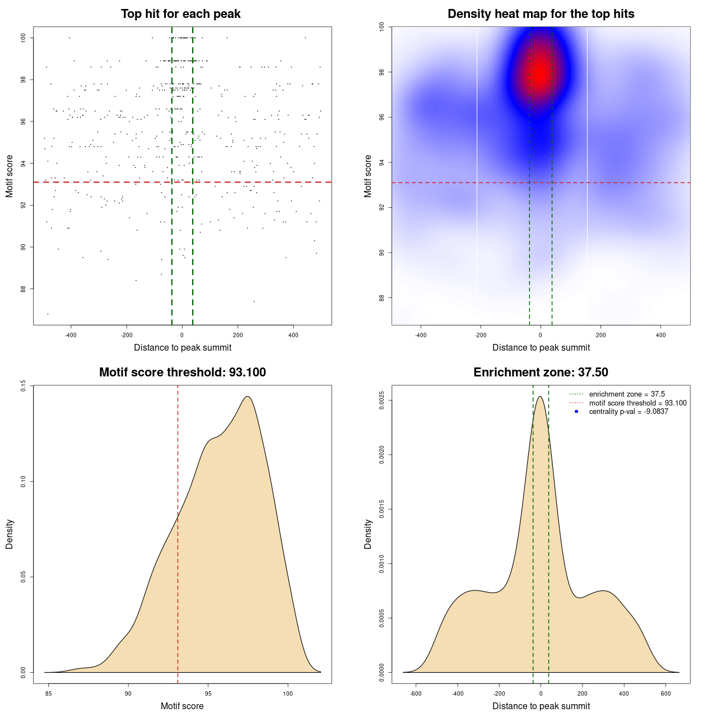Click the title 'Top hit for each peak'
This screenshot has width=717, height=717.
tap(180, 14)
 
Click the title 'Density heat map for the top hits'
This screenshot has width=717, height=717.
tap(541, 14)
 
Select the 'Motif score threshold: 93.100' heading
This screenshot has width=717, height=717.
tap(182, 373)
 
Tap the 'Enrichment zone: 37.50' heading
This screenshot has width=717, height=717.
tap(541, 373)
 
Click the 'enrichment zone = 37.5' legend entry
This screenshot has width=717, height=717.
tap(627, 394)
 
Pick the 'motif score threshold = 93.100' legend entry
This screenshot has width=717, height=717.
tap(637, 403)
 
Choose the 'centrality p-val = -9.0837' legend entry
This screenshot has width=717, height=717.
tap(628, 412)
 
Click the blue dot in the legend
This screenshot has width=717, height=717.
tap(576, 412)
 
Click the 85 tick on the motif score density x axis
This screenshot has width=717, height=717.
tap(49, 694)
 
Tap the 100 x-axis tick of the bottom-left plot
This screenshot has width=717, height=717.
tap(288, 694)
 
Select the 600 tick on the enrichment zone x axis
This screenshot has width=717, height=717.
tap(665, 694)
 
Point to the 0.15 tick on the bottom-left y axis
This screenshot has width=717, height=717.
tap(23, 386)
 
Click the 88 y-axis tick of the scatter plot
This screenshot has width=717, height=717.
tap(23, 289)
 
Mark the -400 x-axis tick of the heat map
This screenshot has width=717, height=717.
tap(421, 336)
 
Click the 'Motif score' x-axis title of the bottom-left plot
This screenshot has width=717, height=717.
tap(182, 706)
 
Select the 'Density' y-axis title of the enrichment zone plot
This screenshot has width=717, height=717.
tap(368, 534)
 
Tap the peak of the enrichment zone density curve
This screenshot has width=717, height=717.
tap(540, 397)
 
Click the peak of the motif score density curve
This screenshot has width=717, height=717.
tap(247, 397)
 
